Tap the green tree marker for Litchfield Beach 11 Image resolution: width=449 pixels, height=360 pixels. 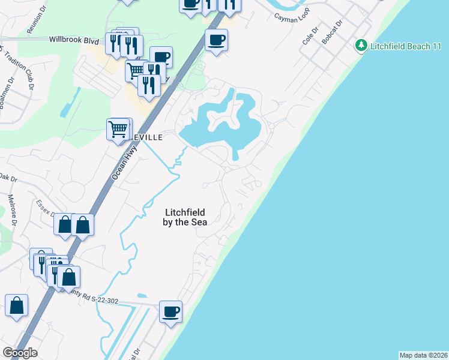[x=361, y=46]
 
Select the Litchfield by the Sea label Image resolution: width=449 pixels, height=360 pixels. [x=185, y=217]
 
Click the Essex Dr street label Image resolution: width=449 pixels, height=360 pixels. [x=46, y=209]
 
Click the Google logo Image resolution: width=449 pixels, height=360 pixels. [x=20, y=353]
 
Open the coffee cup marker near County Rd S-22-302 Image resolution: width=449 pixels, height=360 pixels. [x=170, y=312]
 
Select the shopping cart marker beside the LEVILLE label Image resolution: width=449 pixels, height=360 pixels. [x=118, y=129]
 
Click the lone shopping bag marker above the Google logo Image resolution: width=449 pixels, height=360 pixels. [x=16, y=305]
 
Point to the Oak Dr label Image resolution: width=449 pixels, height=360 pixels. [x=8, y=178]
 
